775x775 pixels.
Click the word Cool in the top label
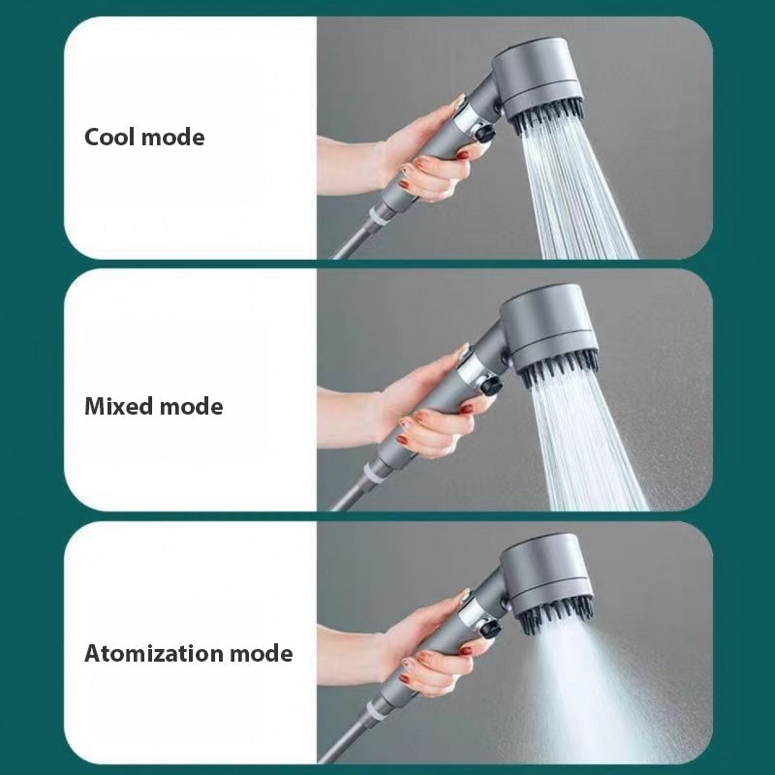click(x=109, y=138)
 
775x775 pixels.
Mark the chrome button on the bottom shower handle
click(x=474, y=621)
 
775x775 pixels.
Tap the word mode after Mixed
click(x=191, y=406)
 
